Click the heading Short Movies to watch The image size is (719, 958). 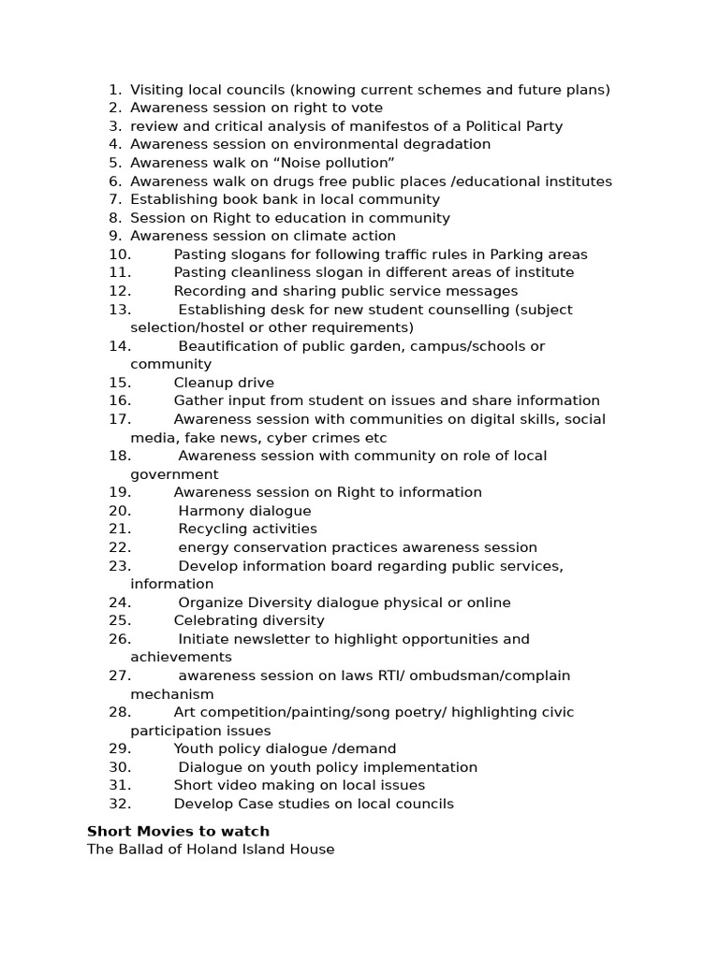(178, 831)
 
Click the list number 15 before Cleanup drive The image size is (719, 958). (119, 383)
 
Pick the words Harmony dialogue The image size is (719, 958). (244, 511)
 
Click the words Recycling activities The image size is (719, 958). (247, 529)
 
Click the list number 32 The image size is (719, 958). (119, 804)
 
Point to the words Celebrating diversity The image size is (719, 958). (249, 620)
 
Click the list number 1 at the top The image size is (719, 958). (113, 90)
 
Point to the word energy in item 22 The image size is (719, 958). (201, 547)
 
